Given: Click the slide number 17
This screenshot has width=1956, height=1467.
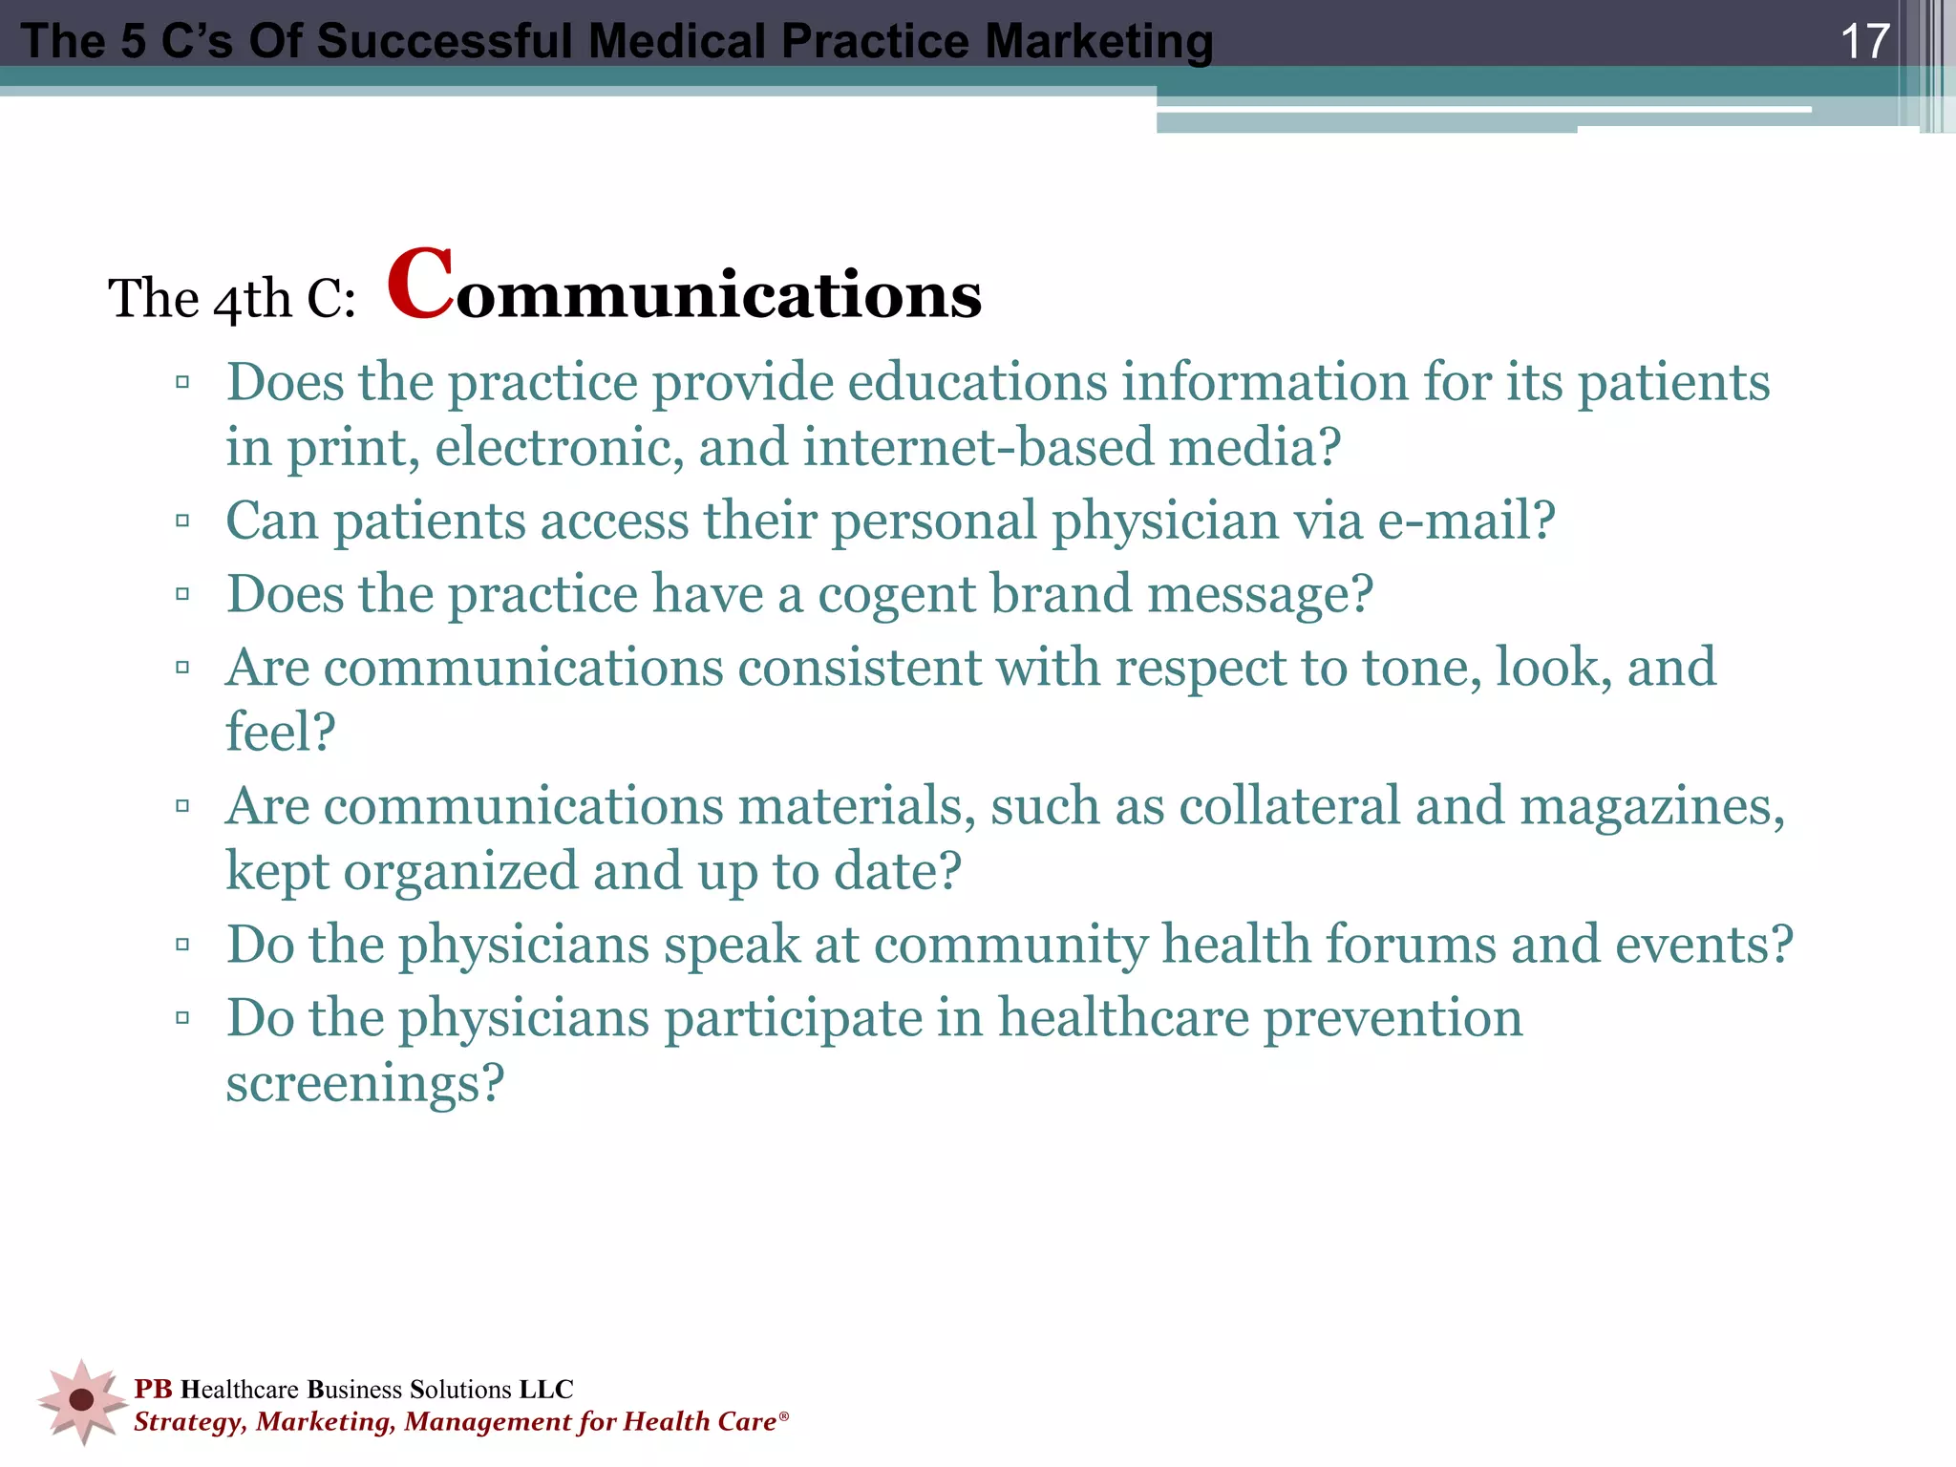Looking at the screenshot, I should pos(1863,41).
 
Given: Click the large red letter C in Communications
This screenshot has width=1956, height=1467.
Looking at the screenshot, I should pos(419,286).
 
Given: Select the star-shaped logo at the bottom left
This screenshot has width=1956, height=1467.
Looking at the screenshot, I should pos(82,1400).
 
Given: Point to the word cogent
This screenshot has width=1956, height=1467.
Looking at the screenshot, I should pos(897,594).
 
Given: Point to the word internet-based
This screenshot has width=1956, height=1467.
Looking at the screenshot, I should pos(978,448).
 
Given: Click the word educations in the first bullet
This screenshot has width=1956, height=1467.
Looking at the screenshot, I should pos(976,383).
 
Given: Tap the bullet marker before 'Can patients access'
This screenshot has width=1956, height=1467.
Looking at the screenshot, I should pos(182,521).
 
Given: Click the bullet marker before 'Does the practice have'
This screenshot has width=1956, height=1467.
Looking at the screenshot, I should pos(182,594).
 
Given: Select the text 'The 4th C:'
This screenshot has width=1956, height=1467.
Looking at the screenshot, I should pos(232,299).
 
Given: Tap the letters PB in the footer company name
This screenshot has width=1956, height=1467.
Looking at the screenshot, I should pos(153,1389).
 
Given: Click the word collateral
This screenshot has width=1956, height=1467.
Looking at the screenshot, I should pos(1289,806).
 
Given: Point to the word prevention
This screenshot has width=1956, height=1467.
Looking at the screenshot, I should pos(1393,1018).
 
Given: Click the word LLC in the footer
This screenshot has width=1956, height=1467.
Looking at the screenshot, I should pos(546,1389).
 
